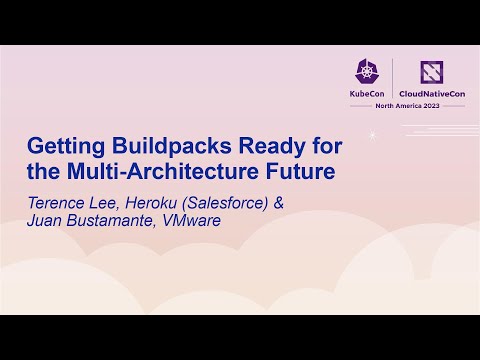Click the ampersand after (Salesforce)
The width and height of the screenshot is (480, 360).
click(279, 202)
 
